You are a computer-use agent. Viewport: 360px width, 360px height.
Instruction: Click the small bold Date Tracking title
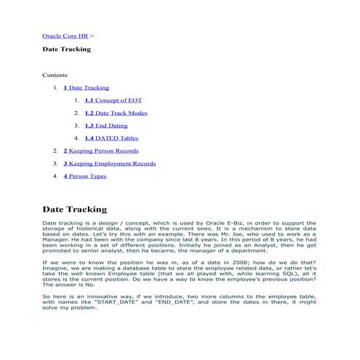click(66, 49)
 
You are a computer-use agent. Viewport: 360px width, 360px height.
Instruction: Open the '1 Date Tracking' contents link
click(86, 87)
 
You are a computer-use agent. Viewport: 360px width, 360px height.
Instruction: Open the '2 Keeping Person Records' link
click(100, 151)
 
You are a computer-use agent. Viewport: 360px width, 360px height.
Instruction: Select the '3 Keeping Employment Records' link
click(109, 164)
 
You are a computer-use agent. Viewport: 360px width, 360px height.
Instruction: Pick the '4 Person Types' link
click(85, 176)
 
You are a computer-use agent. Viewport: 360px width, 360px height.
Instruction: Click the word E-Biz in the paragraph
click(210, 223)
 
